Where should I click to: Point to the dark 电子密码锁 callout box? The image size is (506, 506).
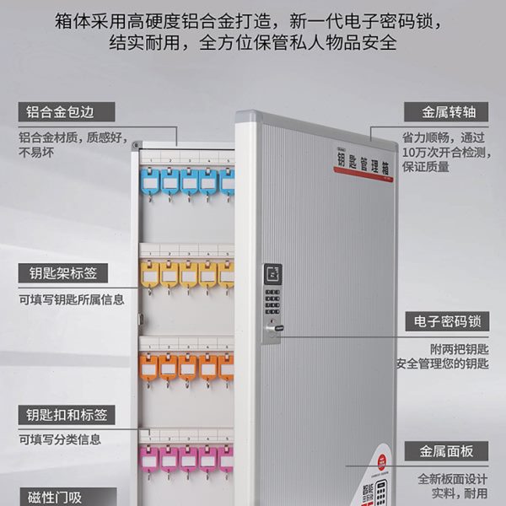pos(446,321)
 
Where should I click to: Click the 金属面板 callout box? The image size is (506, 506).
pos(446,451)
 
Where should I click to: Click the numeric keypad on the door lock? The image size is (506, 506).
pos(272,300)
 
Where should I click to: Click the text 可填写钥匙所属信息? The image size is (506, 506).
pos(71,299)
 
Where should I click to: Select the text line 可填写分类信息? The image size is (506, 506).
pos(60,439)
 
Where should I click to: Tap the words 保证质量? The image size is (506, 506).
pos(427,167)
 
